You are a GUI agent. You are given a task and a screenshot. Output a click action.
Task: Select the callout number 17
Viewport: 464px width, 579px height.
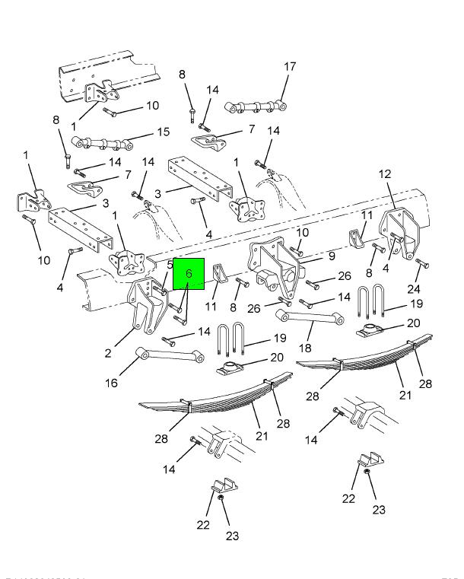(290, 67)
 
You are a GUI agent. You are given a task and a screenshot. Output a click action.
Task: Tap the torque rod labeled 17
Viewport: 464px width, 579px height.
(258, 106)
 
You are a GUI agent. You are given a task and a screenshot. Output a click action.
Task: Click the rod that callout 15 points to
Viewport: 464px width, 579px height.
(99, 142)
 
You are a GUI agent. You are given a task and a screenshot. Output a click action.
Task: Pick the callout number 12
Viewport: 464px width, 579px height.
(385, 175)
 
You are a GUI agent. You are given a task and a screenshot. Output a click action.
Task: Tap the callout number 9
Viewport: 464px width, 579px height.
(332, 256)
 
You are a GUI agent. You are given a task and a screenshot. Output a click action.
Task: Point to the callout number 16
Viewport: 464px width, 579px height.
(112, 383)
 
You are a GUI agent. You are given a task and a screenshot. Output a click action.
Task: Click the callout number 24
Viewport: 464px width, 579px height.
(414, 289)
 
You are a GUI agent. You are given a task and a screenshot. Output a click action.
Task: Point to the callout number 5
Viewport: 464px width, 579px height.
(170, 265)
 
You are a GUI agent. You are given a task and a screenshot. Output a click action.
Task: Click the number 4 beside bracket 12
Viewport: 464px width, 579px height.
(387, 268)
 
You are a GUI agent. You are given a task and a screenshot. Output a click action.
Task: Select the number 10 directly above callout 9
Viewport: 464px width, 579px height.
(302, 232)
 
